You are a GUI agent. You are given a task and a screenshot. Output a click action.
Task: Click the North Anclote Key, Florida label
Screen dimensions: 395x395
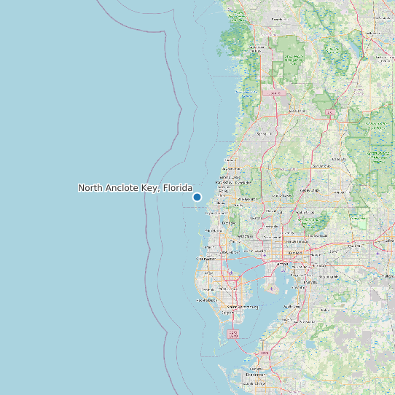point(135,188)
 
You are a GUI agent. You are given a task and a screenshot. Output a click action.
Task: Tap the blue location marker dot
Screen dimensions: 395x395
point(197,197)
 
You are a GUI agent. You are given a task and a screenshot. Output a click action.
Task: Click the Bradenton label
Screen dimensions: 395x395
point(255,374)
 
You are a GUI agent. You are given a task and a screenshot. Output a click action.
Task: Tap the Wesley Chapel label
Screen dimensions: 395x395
point(310,191)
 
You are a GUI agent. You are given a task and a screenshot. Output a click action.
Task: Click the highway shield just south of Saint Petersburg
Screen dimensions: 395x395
point(233,334)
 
